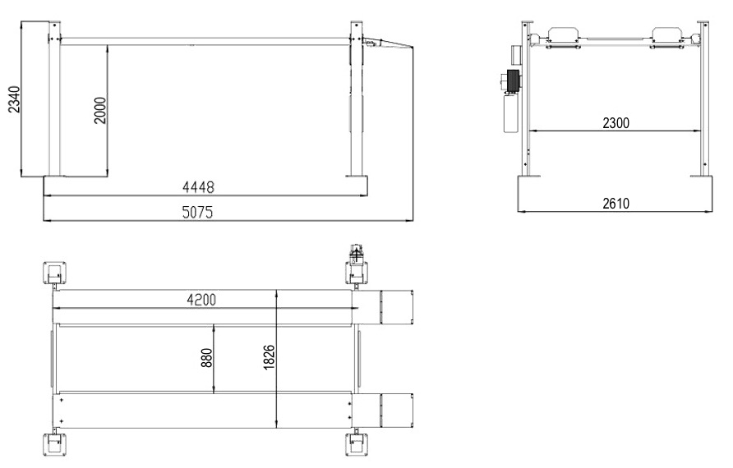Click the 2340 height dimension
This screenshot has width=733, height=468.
point(15,99)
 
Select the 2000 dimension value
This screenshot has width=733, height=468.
point(100,111)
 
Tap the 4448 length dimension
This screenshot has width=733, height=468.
point(198,187)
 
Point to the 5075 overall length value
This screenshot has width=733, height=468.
point(197,213)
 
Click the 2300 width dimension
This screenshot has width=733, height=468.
point(615,123)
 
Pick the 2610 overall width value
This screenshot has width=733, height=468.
point(615,203)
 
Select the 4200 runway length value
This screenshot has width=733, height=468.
point(201,300)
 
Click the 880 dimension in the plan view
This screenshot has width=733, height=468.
point(206,357)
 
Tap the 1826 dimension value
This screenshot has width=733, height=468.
point(270,357)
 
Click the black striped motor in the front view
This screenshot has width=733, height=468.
point(513,81)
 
